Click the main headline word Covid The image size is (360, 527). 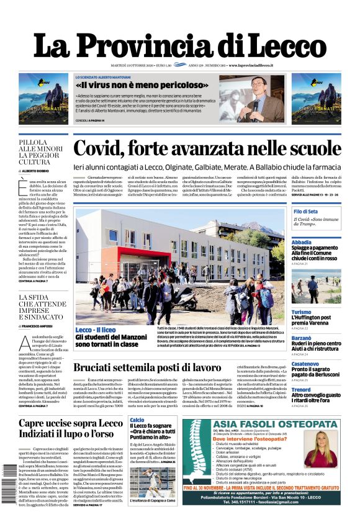102,150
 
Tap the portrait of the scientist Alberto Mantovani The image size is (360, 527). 256,97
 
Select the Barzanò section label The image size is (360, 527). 302,338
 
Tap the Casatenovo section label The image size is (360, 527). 305,364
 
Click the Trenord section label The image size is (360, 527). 302,390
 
